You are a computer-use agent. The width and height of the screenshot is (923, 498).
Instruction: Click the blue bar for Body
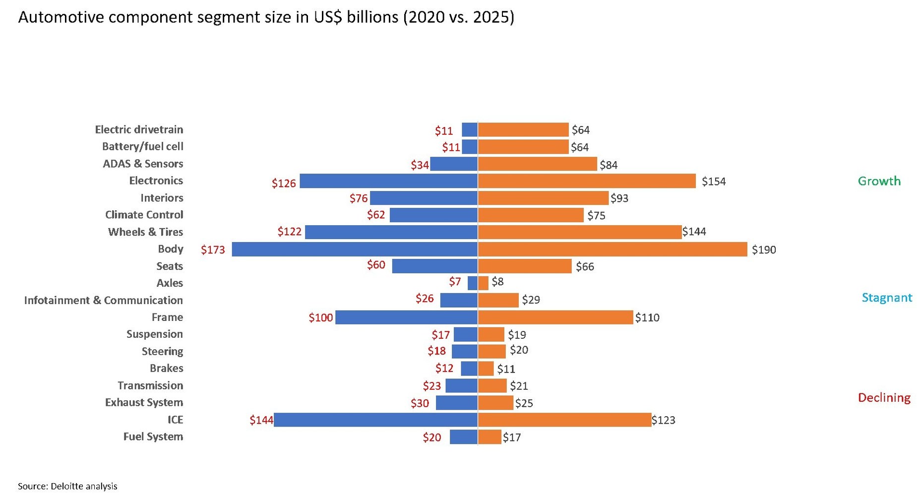pos(354,249)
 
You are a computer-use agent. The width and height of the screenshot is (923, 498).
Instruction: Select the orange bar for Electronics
pos(587,181)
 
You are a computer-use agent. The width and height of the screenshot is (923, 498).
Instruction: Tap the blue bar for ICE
pos(375,420)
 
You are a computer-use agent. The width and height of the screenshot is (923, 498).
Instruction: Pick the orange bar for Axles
pos(483,283)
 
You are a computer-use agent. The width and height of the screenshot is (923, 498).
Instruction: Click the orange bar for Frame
pos(555,317)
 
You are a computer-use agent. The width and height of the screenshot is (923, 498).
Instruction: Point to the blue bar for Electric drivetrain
pos(469,129)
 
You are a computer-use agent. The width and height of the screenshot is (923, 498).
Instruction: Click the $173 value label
pos(213,249)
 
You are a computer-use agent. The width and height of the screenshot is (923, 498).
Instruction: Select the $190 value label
pos(764,249)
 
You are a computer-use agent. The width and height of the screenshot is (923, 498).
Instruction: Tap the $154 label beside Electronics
pos(714,182)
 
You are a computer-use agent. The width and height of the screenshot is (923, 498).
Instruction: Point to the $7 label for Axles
pos(455,282)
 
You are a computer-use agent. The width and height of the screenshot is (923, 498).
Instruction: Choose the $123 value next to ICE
pos(664,420)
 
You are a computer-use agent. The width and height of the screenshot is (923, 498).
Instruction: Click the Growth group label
pos(879,181)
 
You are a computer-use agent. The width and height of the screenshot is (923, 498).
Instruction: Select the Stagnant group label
pos(887,298)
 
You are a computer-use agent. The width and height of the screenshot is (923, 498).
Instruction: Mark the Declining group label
pos(884,397)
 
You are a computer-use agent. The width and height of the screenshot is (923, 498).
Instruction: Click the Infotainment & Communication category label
pos(103,300)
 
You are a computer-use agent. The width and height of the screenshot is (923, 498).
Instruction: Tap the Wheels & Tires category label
pos(145,232)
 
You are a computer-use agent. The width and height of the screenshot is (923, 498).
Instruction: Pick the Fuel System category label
pos(153,436)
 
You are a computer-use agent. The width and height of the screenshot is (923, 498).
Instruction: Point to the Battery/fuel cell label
pos(142,146)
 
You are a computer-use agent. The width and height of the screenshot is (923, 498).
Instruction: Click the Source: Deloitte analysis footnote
pos(67,486)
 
